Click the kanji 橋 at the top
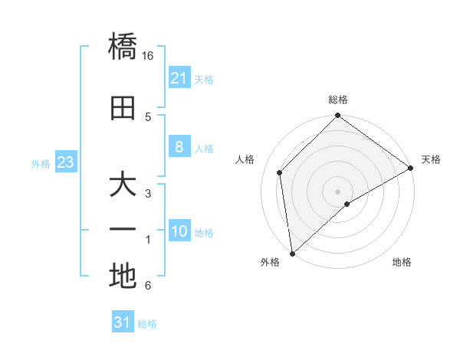tap(123, 47)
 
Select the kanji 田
tap(123, 108)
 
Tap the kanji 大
tap(123, 186)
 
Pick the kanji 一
tap(123, 229)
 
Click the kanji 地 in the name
tap(123, 276)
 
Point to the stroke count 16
tap(148, 56)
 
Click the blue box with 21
tap(179, 77)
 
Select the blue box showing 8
tap(179, 147)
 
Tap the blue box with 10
tap(179, 231)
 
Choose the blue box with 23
tap(65, 162)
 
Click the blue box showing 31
tap(122, 322)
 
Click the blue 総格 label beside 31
tap(147, 324)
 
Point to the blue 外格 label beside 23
tap(41, 163)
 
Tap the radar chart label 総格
tap(338, 100)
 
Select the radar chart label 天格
tap(431, 159)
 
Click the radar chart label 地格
tap(402, 262)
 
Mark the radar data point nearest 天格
tap(411, 168)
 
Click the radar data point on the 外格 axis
tap(292, 253)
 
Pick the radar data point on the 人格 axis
tap(280, 172)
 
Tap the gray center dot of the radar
tap(338, 191)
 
